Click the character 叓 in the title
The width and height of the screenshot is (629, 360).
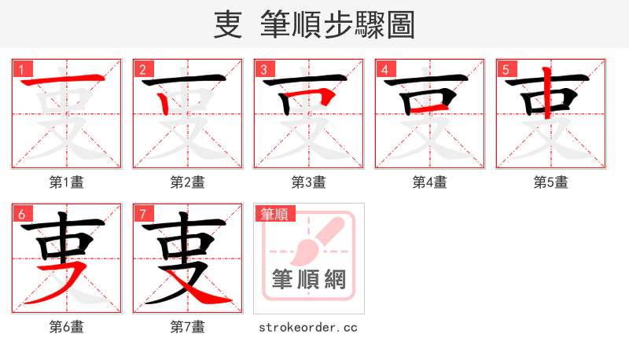click(227, 24)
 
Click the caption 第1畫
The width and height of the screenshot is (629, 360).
click(67, 182)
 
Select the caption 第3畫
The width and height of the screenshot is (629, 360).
click(309, 182)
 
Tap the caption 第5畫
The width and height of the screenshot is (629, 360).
click(551, 182)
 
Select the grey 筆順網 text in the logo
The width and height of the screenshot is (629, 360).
click(309, 279)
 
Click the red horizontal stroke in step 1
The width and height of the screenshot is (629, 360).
click(67, 81)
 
